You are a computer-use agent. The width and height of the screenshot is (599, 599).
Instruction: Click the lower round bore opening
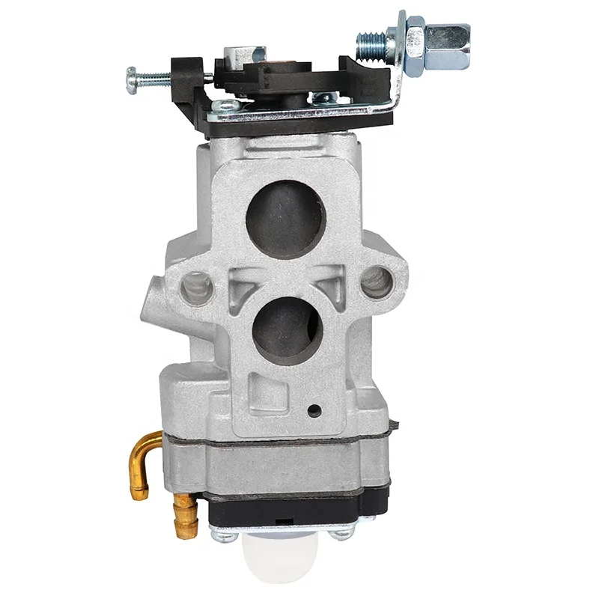click(288, 327)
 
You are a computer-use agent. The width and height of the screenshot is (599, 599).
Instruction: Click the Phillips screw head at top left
click(133, 75)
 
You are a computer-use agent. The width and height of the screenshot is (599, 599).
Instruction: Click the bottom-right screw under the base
click(342, 532)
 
